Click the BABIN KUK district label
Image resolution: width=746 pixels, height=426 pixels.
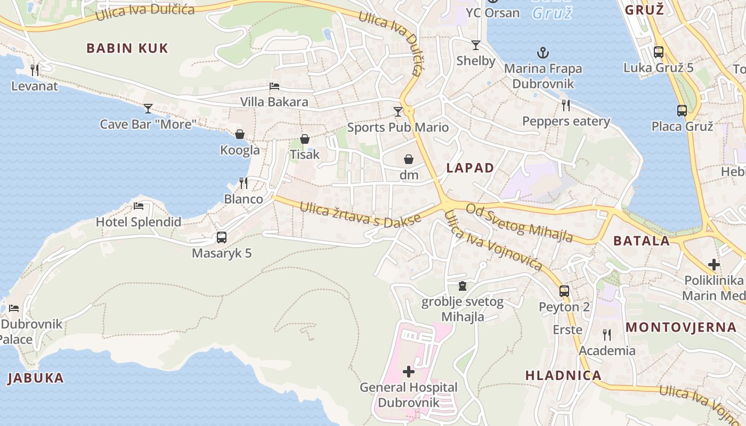click(127, 48)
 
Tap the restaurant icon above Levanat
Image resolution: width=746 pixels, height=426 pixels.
click(35, 70)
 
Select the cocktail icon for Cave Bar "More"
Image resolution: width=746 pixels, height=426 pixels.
click(148, 109)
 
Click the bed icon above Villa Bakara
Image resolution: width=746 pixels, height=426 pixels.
click(274, 86)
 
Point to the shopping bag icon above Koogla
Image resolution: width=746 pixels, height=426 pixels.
click(240, 134)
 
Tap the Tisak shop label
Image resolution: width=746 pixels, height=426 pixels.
click(305, 154)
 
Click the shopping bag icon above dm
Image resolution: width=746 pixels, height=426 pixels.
click(409, 159)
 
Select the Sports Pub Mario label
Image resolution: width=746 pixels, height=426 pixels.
click(398, 127)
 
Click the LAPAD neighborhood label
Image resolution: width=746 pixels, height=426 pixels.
click(470, 168)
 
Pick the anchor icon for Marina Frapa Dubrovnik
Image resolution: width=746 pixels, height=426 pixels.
click(542, 53)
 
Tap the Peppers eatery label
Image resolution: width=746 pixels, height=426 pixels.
click(566, 121)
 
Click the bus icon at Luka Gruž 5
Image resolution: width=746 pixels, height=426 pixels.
click(659, 52)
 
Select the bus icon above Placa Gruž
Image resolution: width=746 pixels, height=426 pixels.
click(682, 111)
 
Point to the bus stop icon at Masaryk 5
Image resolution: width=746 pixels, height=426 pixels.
click(221, 237)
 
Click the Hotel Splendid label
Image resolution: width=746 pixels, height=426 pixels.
click(139, 222)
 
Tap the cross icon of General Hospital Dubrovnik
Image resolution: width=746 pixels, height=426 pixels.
click(409, 372)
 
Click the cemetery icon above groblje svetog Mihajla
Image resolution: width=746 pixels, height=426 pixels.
click(463, 286)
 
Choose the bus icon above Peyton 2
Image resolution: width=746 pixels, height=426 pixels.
click(564, 291)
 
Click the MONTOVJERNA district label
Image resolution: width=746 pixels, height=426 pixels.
click(681, 327)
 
